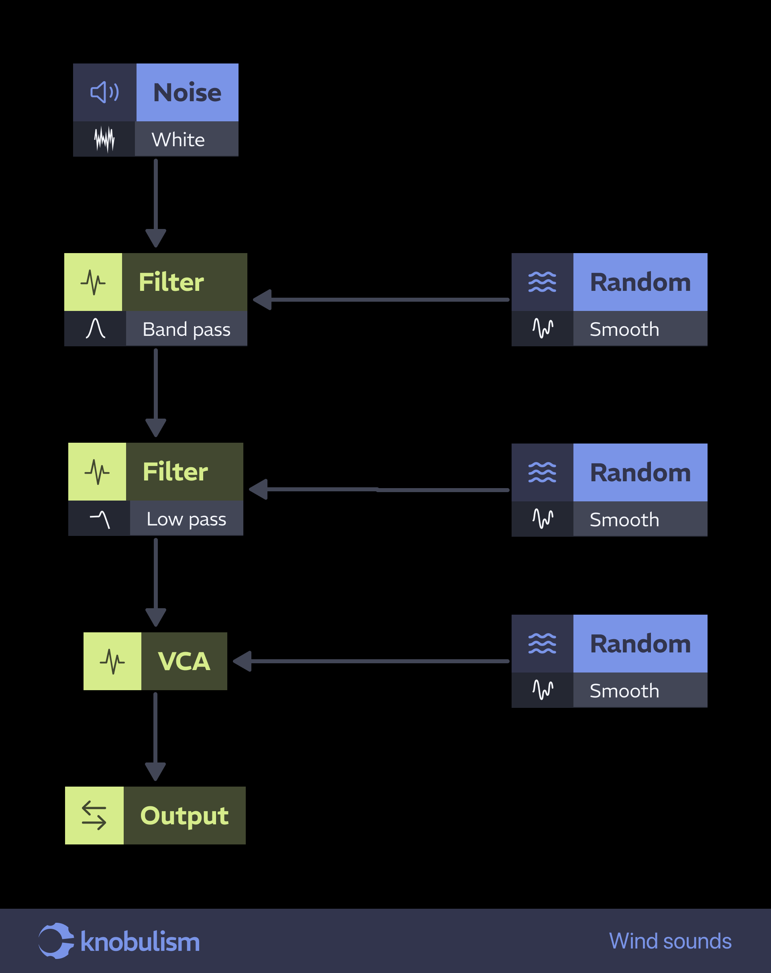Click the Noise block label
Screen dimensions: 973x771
click(x=187, y=92)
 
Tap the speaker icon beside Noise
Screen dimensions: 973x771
click(x=105, y=92)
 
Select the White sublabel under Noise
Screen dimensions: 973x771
click(x=178, y=139)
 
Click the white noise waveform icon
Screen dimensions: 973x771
click(x=104, y=139)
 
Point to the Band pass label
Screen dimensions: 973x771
click(x=186, y=329)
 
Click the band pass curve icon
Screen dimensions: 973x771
click(x=95, y=329)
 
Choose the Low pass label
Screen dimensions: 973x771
click(x=186, y=519)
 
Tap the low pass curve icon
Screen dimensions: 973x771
click(x=100, y=519)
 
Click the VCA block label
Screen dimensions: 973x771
click(x=184, y=661)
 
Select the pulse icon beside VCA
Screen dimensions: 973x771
click(x=112, y=661)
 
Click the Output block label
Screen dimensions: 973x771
click(x=184, y=816)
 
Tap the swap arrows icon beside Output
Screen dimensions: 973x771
click(x=94, y=816)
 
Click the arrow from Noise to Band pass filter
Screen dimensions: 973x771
click(x=156, y=203)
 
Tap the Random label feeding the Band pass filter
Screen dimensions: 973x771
click(x=640, y=282)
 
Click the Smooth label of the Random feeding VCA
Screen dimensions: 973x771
click(x=624, y=691)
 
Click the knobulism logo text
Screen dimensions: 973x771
click(x=140, y=942)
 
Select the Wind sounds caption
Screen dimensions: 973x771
click(x=670, y=941)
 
